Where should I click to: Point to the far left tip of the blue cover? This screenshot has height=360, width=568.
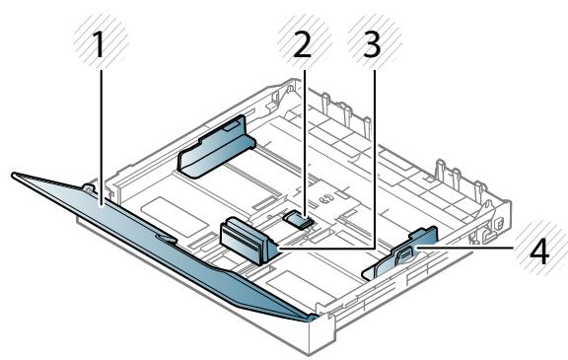(x=13, y=176)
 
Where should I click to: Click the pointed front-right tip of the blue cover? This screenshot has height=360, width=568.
(x=312, y=317)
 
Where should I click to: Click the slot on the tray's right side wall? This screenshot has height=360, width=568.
(x=486, y=237)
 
